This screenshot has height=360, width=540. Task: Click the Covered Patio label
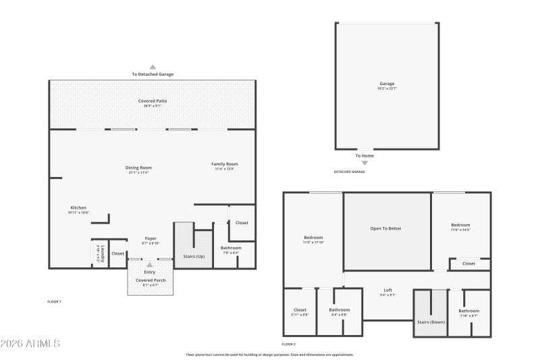pyautogui.click(x=153, y=101)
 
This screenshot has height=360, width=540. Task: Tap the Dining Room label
pyautogui.click(x=138, y=168)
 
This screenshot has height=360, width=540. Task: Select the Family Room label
pyautogui.click(x=225, y=164)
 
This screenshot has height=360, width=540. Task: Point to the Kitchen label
pyautogui.click(x=78, y=207)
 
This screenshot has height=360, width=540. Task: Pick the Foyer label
pyautogui.click(x=151, y=238)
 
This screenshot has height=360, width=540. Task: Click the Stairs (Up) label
pyautogui.click(x=194, y=256)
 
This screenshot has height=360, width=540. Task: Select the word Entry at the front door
pyautogui.click(x=150, y=272)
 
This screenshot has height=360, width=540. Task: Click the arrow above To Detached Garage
pyautogui.click(x=153, y=67)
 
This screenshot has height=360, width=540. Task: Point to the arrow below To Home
pyautogui.click(x=364, y=163)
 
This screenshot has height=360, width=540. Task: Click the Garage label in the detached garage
pyautogui.click(x=387, y=84)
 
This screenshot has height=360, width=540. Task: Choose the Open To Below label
pyautogui.click(x=385, y=228)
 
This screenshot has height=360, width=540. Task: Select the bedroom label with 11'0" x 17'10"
pyautogui.click(x=313, y=238)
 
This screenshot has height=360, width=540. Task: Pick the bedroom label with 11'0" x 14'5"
pyautogui.click(x=460, y=225)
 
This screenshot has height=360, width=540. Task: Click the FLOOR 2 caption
pyautogui.click(x=289, y=344)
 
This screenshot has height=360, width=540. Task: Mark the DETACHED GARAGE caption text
pyautogui.click(x=349, y=172)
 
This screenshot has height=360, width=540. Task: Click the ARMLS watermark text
pyautogui.click(x=30, y=344)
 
